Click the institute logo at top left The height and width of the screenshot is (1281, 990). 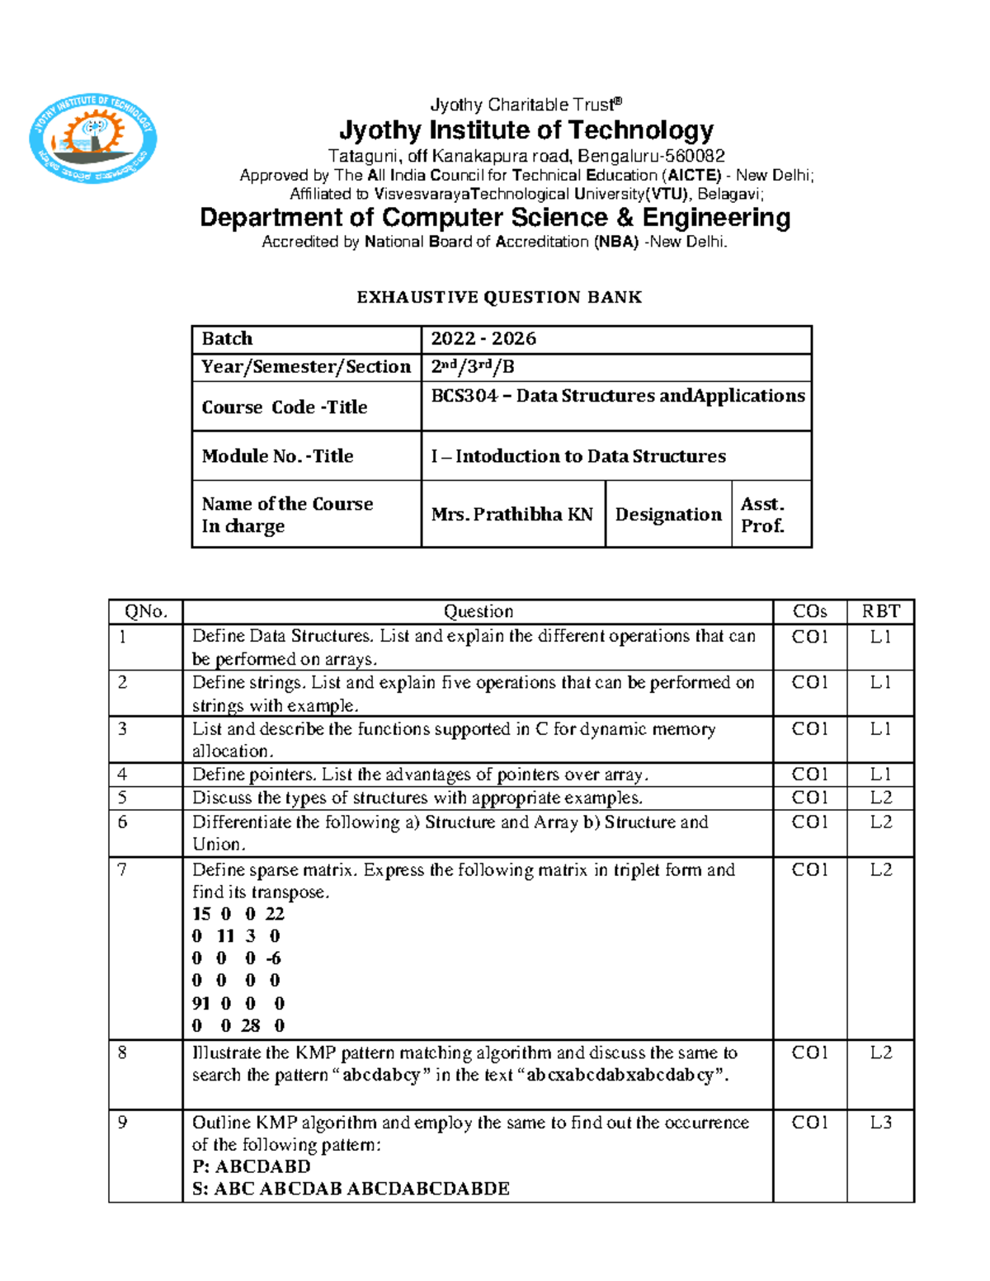(x=92, y=139)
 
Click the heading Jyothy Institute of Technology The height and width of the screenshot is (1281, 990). (x=526, y=130)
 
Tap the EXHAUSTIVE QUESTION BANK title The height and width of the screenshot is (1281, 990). (x=499, y=298)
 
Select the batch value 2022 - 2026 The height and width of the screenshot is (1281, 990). (x=483, y=339)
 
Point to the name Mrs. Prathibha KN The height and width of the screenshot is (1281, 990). (x=511, y=515)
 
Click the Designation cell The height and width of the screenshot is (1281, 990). (x=668, y=515)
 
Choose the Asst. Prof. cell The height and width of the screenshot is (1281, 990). (x=762, y=515)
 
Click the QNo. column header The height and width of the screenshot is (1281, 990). (x=146, y=612)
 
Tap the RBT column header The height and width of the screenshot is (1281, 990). (x=880, y=612)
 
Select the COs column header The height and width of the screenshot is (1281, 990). (x=809, y=612)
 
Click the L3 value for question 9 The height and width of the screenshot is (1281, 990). (x=880, y=1123)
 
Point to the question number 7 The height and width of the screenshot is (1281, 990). (x=122, y=870)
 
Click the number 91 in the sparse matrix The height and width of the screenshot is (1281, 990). (x=200, y=1004)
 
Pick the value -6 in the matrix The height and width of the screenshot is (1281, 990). (x=273, y=958)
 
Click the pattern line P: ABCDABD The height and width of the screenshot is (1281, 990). (x=252, y=1167)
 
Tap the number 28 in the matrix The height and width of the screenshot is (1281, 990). (x=250, y=1026)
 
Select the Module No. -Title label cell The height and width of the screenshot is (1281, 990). (x=277, y=456)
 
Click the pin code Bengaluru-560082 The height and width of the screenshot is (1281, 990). (x=651, y=157)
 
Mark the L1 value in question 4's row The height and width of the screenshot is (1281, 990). (x=880, y=775)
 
